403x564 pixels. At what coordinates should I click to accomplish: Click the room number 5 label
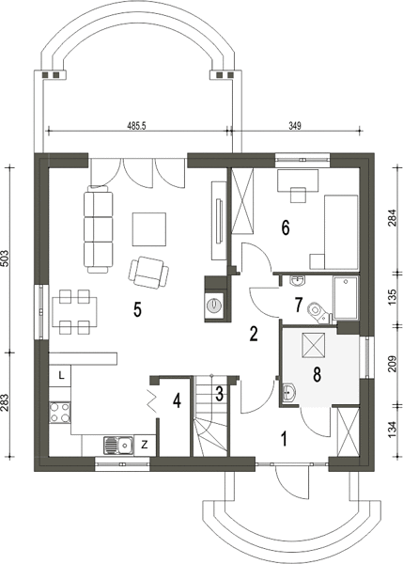[x=137, y=308]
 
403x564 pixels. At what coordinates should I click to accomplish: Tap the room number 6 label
[x=286, y=227]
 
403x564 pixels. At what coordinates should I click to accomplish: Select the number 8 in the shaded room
[x=317, y=374]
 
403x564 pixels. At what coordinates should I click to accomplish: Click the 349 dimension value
[x=295, y=126]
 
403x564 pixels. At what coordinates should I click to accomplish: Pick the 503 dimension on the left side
[x=5, y=258]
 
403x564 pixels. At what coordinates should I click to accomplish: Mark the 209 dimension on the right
[x=393, y=364]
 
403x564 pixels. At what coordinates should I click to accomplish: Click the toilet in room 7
[x=318, y=313]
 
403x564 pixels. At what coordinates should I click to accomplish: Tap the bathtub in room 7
[x=346, y=297]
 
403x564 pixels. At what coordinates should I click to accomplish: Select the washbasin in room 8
[x=288, y=392]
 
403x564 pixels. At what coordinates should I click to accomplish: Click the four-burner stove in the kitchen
[x=60, y=413]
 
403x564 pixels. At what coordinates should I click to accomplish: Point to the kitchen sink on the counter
[x=118, y=445]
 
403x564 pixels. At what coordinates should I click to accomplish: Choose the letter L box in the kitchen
[x=60, y=376]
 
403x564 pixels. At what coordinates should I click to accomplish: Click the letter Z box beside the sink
[x=144, y=446]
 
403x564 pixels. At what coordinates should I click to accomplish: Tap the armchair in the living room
[x=148, y=273]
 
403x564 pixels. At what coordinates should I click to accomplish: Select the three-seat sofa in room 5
[x=98, y=229]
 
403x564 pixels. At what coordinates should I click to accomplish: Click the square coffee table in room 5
[x=149, y=229]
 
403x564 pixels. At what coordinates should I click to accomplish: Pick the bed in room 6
[x=341, y=232]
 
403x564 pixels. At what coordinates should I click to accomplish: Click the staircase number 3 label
[x=219, y=394]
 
